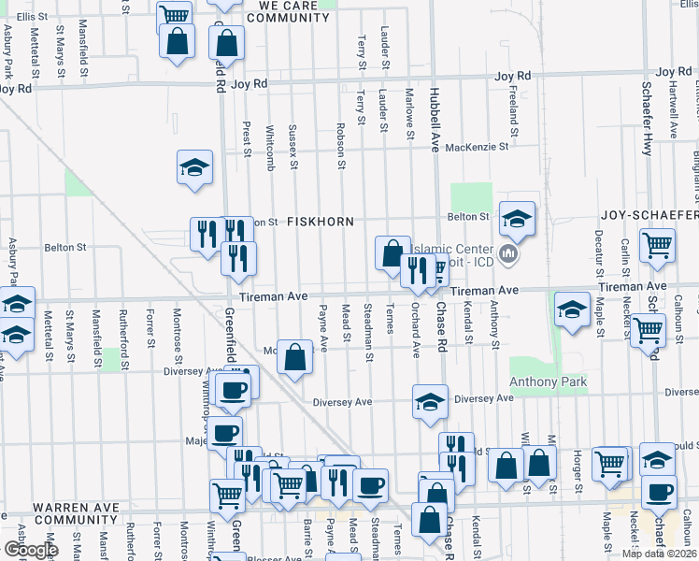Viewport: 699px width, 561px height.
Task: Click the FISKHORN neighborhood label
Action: pos(320,222)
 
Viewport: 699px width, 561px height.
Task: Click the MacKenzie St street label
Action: pos(477,147)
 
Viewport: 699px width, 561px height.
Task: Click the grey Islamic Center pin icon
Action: pos(509,253)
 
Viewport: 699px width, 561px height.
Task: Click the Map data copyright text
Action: pos(660,554)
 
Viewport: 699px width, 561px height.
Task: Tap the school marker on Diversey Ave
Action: pos(430,402)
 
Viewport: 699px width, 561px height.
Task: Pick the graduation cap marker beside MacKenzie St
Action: pos(195,168)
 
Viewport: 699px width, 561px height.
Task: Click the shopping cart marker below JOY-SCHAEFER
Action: pos(657,246)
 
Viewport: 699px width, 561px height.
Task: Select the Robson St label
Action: pos(341,140)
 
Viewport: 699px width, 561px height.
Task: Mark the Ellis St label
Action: pos(31,17)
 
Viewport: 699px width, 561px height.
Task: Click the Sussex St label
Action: pos(292,147)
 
